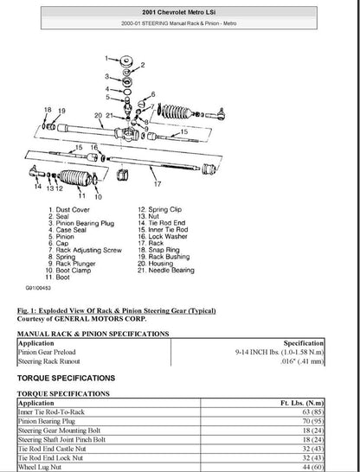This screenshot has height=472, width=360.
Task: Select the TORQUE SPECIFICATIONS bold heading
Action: [x=66, y=378]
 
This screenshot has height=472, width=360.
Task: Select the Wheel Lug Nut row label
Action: [x=39, y=466]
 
